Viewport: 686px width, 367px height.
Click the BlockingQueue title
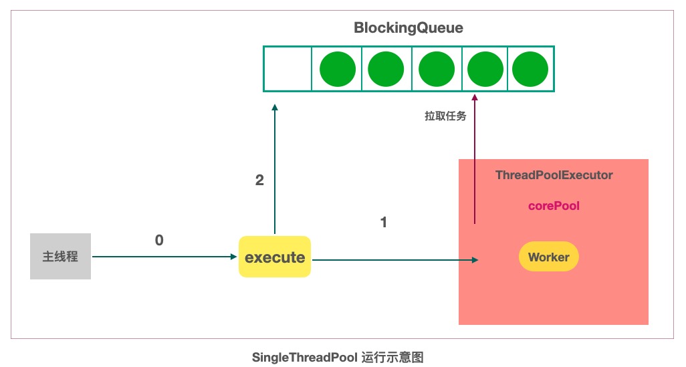pyautogui.click(x=408, y=29)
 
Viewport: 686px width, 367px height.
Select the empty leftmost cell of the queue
pyautogui.click(x=288, y=68)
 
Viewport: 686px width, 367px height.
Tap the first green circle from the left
pyautogui.click(x=337, y=68)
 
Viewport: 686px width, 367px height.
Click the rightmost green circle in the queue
pyautogui.click(x=530, y=68)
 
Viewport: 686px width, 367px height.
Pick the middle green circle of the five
pyautogui.click(x=436, y=68)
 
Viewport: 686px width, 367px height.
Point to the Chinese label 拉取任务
pyautogui.click(x=445, y=116)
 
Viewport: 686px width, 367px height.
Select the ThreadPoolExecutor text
pyautogui.click(x=554, y=175)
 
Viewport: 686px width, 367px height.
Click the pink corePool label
pyautogui.click(x=554, y=206)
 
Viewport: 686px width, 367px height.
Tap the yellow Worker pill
pyautogui.click(x=548, y=257)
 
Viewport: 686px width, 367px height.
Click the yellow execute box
pyautogui.click(x=275, y=257)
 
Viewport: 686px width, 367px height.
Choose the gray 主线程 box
pyautogui.click(x=60, y=257)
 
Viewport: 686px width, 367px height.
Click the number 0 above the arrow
pyautogui.click(x=159, y=240)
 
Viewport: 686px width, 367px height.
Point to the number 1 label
pyautogui.click(x=383, y=223)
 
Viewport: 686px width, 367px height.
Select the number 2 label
pyautogui.click(x=259, y=180)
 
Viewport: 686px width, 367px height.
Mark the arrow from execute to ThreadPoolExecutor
pyautogui.click(x=394, y=259)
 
